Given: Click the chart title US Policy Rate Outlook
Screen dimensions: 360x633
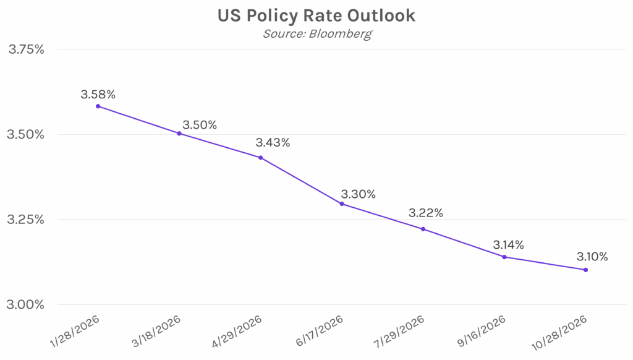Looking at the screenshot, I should coord(316,15).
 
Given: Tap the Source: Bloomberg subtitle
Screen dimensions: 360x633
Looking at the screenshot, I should coord(317,33).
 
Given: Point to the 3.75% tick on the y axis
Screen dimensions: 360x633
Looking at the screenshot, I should coord(26,49).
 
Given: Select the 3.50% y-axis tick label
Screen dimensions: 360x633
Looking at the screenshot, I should coord(26,135).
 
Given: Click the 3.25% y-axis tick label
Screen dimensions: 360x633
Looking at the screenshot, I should coord(26,220).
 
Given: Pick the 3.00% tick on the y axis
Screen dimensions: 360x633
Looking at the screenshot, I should coord(26,304).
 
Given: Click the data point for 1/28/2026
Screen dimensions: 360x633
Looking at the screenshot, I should coord(98,106).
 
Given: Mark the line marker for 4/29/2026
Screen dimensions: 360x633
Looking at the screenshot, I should coord(261,158).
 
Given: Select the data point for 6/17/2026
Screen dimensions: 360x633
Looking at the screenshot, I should coord(342,204).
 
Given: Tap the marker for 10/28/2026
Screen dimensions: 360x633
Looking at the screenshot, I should coord(585,270).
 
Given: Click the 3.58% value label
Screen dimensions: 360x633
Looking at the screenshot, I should coord(98,95).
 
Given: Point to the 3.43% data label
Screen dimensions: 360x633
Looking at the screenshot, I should coord(273,143).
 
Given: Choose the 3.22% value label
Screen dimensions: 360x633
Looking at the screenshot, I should coord(425,213).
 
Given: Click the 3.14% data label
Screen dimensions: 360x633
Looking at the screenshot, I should coord(508,245).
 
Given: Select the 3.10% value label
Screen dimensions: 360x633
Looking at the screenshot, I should coord(592,256).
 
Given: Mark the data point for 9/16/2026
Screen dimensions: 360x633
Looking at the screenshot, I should coord(504,257).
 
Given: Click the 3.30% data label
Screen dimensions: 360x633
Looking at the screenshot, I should coord(358,194).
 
